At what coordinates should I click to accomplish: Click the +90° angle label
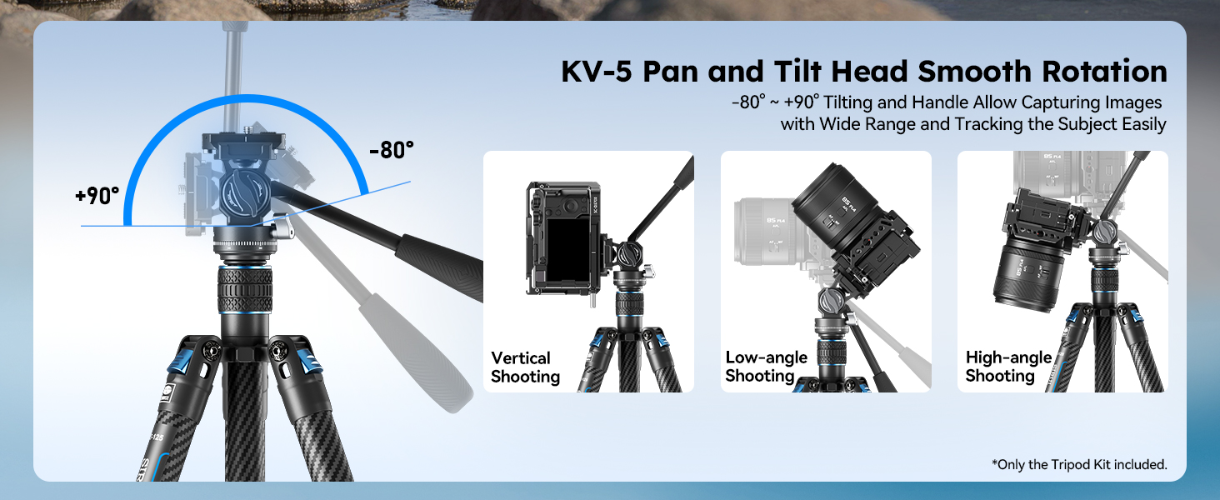tap(97, 196)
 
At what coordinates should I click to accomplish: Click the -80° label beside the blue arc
tap(392, 150)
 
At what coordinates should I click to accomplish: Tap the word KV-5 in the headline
tap(597, 72)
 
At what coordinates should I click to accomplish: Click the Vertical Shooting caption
tap(525, 367)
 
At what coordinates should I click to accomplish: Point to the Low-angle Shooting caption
tap(766, 367)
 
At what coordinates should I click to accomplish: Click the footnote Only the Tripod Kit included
tap(1079, 465)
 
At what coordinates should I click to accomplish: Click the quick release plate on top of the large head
tap(243, 141)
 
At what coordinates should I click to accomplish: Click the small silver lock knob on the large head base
tap(282, 229)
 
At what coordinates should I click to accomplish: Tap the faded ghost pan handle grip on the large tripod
tap(416, 354)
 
